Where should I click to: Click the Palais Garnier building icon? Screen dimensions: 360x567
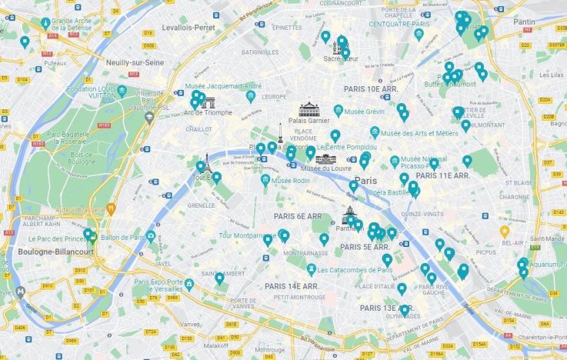click(309, 109)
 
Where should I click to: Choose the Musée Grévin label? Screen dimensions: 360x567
click(364, 112)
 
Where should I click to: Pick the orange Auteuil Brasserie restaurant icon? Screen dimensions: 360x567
click(111, 208)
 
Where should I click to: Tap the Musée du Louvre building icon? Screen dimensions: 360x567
click(326, 158)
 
